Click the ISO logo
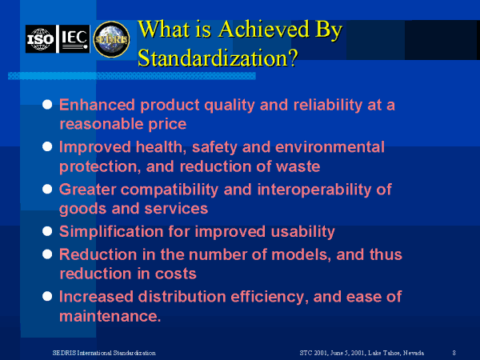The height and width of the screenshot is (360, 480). click(41, 39)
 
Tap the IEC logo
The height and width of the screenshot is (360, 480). click(74, 39)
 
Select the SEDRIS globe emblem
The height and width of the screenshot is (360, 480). click(111, 39)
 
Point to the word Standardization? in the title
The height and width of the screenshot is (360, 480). click(218, 58)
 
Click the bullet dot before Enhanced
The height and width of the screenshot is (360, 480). click(47, 104)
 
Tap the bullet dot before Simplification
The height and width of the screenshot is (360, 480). click(47, 231)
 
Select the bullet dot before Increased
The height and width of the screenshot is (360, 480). click(47, 296)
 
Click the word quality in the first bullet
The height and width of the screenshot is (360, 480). click(230, 106)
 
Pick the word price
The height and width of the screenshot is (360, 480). click(167, 125)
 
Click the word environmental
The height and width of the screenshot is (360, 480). click(330, 147)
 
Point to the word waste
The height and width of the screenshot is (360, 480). click(298, 166)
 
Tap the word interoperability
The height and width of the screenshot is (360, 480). click(314, 190)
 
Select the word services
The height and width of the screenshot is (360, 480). click(176, 209)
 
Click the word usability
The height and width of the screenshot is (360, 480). click(302, 232)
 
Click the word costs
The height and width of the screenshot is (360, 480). click(176, 274)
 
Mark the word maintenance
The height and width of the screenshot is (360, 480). click(110, 316)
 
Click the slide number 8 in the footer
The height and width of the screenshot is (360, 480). click(454, 353)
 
